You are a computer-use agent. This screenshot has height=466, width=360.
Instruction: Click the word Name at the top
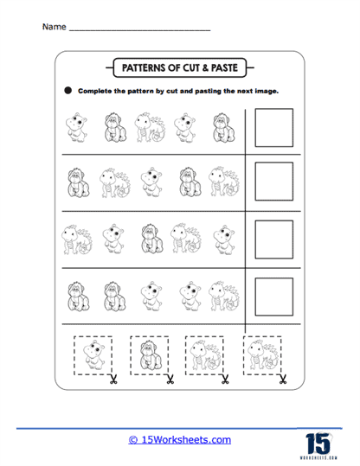53,27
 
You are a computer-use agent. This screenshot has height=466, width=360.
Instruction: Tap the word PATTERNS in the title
145,65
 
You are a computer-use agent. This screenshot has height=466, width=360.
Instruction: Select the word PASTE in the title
228,65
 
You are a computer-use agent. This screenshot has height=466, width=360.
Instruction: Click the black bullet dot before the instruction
67,90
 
